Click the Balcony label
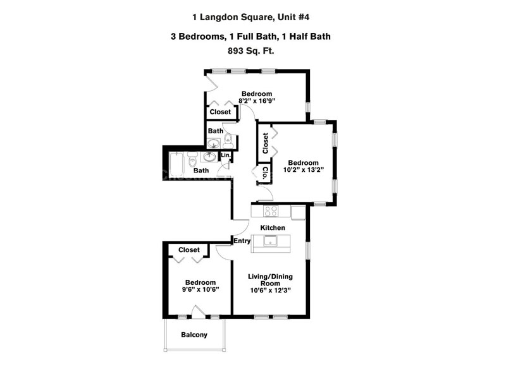194,335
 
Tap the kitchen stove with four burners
271,212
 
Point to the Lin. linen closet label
226,155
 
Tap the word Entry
242,240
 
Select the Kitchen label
273,227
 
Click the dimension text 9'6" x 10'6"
201,291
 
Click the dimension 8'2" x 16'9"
256,100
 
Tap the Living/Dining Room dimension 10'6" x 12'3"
269,291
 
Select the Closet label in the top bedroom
220,112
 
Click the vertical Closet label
266,142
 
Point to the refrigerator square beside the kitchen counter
298,211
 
